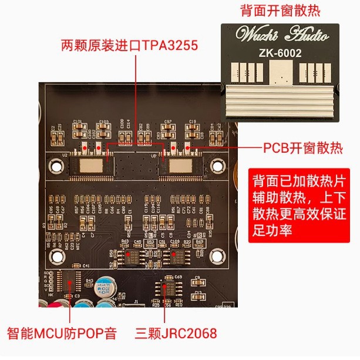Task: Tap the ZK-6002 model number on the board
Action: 280,53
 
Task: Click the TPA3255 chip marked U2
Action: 90,164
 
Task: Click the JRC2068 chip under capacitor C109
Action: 176,255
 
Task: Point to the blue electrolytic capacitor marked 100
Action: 106,290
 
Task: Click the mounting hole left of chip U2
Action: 57,166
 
